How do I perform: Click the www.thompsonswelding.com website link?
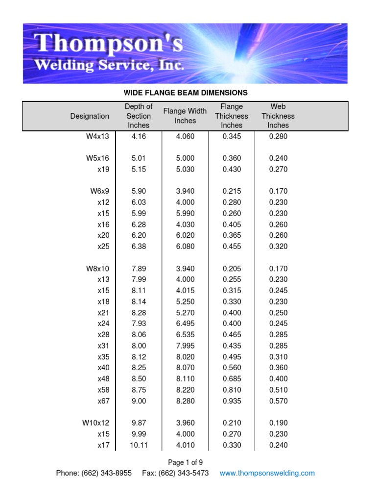point(267,473)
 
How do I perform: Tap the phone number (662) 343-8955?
point(106,473)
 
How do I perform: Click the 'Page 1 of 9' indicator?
point(185,462)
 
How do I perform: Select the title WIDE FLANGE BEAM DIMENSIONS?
point(186,93)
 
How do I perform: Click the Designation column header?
point(90,116)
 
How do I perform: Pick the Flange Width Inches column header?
point(185,116)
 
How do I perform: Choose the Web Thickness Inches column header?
point(278,116)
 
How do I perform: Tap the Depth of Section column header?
point(139,116)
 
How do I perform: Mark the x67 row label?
point(103,401)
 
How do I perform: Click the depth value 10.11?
point(139,445)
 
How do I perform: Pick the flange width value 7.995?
point(185,346)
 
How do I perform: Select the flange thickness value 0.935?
point(232,401)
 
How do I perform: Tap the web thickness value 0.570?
point(278,401)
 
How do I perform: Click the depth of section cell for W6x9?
point(139,191)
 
